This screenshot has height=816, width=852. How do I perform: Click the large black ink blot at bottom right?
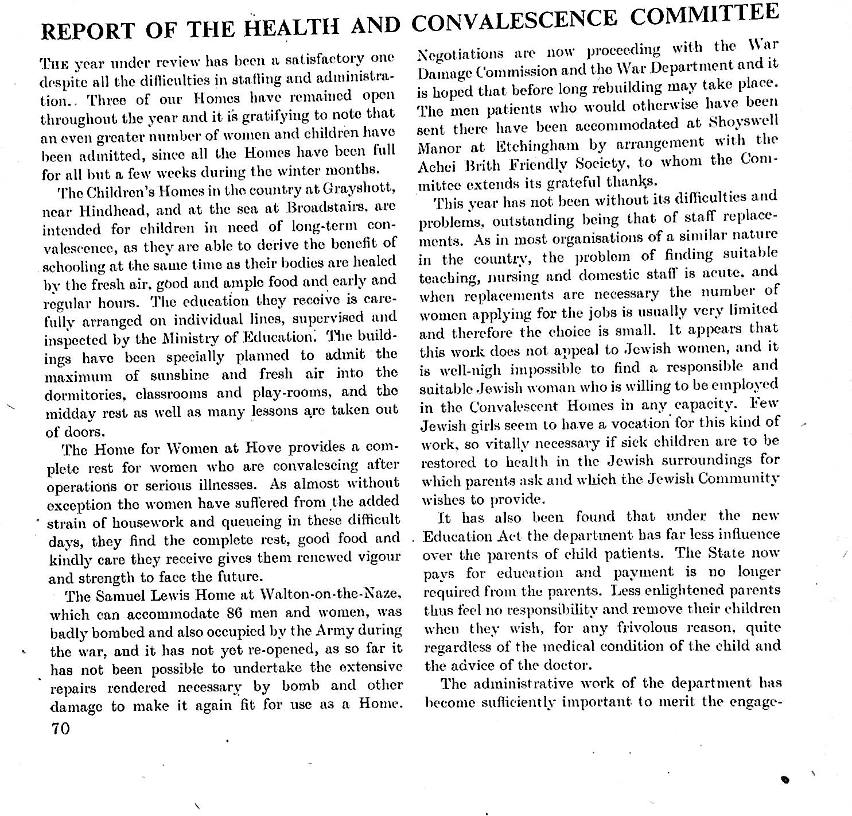click(x=786, y=780)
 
